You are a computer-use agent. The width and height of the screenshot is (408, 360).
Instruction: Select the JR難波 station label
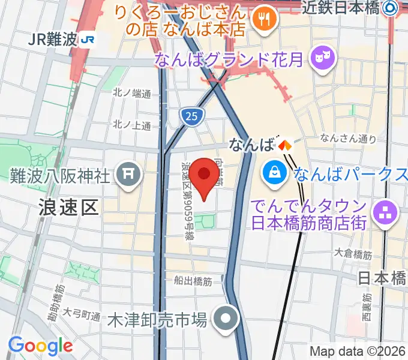52,40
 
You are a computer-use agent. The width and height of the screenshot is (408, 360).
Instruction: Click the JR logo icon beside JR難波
89,40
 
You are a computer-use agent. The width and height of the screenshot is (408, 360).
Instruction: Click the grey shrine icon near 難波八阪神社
128,175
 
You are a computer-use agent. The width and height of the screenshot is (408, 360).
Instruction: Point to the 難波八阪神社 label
60,175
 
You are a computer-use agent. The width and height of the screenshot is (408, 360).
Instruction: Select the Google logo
40,346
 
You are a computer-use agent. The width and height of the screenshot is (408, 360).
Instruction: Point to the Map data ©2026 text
357,351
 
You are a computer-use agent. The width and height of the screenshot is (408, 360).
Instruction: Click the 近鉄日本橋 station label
340,7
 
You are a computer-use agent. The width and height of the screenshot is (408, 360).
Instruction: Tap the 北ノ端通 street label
131,93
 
